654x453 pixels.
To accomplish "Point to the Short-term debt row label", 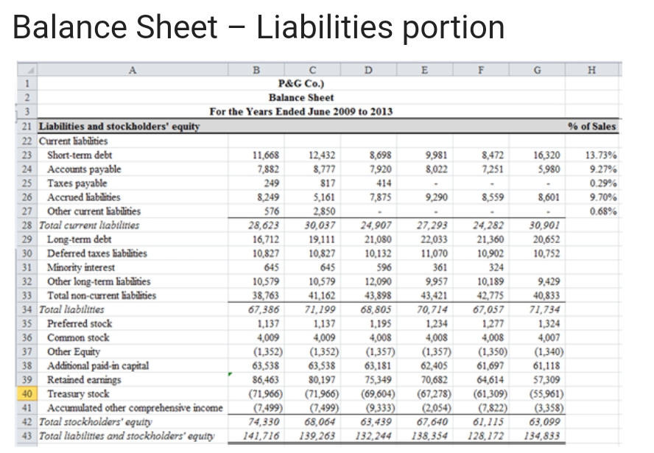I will click(79, 155).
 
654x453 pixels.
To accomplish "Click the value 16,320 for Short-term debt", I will click(546, 155).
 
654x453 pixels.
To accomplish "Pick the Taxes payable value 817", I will click(324, 183).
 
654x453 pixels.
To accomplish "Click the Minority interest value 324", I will click(491, 267).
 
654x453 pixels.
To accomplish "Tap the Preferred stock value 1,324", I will click(548, 324).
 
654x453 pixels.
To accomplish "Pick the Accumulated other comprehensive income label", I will click(135, 408).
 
